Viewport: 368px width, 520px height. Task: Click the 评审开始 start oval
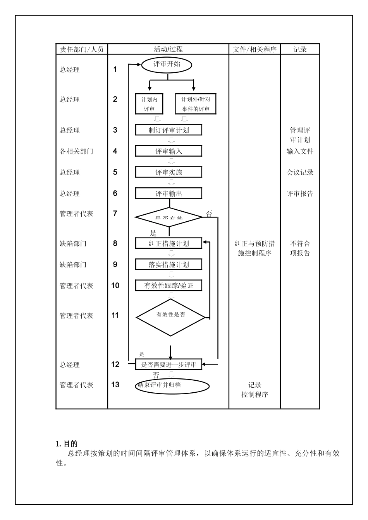pos(167,65)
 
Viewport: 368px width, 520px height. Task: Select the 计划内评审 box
pos(149,104)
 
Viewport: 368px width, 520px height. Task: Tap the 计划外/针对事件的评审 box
pos(196,104)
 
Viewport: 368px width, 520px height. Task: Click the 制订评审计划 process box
pos(169,130)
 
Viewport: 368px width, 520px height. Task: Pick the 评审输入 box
pos(169,151)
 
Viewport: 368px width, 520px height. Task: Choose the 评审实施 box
pos(169,172)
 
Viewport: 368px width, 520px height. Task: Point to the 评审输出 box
pos(169,193)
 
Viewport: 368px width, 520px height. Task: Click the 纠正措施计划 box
pos(169,243)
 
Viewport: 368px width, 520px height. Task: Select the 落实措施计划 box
pos(169,265)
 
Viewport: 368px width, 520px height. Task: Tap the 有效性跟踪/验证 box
pos(169,286)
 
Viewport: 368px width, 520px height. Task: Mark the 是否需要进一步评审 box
pos(169,364)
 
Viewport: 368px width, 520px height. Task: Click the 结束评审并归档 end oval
pos(172,386)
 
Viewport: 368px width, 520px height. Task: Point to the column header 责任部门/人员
pos(82,49)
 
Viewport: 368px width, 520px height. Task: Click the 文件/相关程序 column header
pos(255,49)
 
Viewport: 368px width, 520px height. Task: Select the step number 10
pos(115,286)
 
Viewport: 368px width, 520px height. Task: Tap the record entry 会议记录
pos(300,173)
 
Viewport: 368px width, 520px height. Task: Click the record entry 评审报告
pos(300,193)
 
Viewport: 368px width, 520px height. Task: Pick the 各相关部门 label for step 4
pos(76,151)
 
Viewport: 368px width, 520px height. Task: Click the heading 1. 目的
pos(67,444)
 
